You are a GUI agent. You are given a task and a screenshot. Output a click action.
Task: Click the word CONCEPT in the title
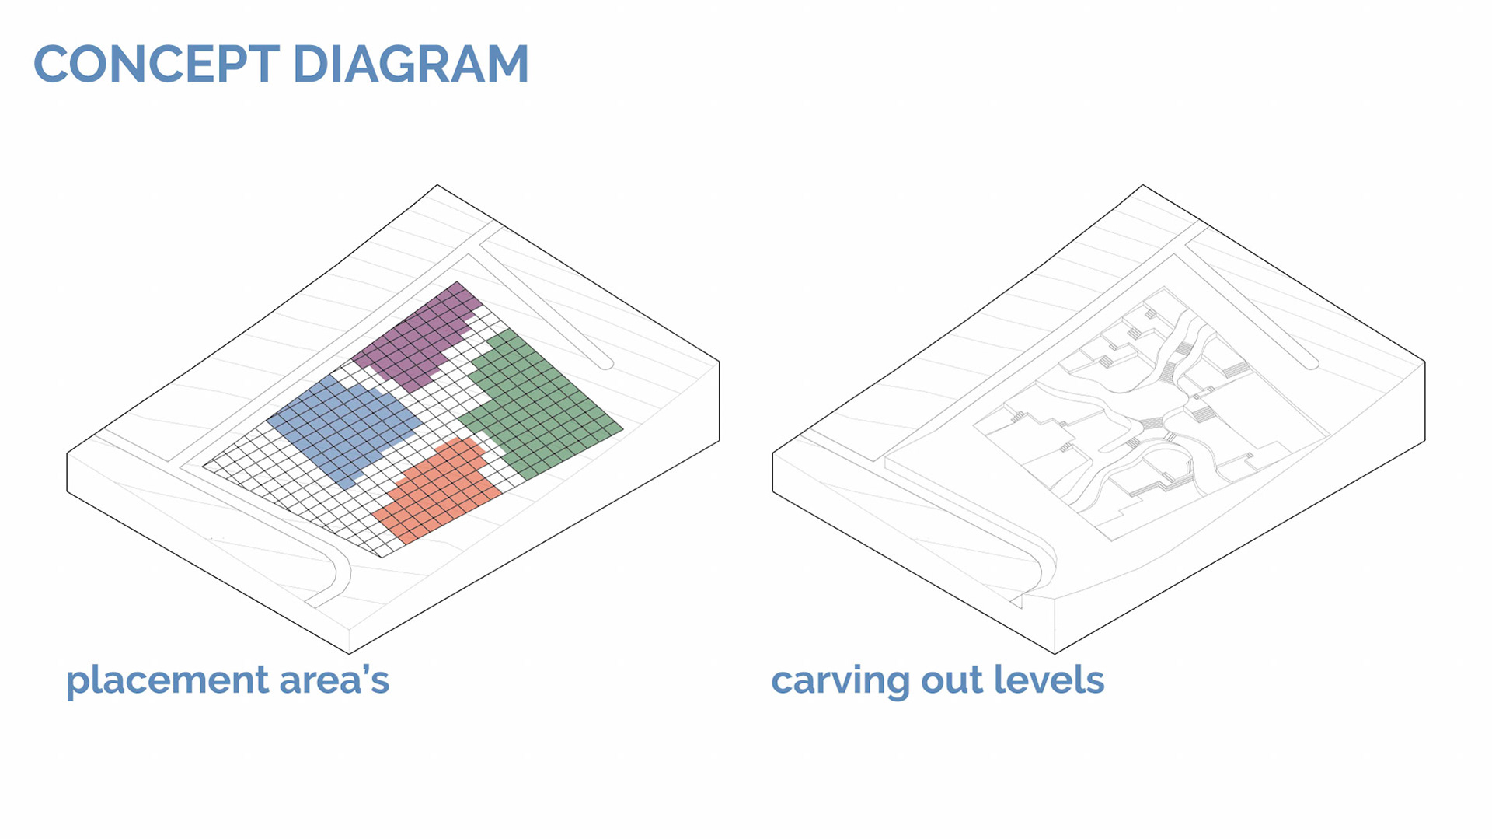156,64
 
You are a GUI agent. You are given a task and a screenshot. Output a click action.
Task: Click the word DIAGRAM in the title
411,64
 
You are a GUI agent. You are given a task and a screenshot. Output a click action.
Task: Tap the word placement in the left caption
167,680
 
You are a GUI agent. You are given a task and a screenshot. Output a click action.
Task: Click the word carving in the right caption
840,680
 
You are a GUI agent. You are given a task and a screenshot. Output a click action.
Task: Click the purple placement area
420,338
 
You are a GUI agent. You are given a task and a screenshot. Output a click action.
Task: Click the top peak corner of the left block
437,185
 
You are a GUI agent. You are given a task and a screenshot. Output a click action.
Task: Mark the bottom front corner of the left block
349,653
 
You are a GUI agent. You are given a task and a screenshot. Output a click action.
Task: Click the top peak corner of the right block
1142,185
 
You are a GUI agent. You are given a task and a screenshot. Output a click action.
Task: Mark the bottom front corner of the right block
1055,653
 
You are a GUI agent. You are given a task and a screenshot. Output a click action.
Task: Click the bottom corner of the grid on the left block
382,557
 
